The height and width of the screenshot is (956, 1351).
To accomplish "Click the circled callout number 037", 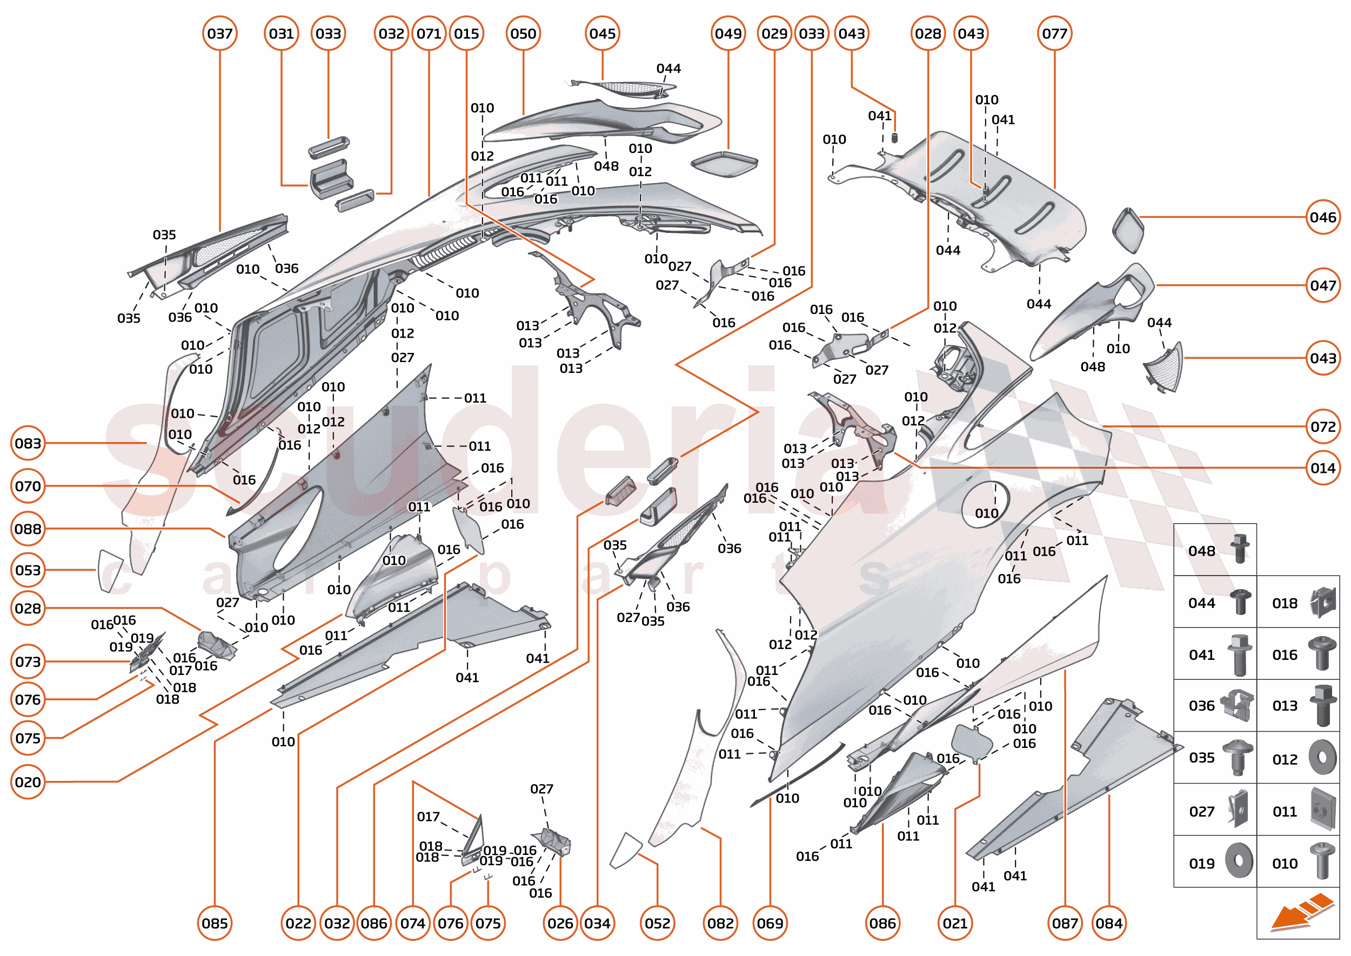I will point(219,34).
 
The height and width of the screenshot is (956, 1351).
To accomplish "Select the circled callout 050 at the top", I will point(523,34).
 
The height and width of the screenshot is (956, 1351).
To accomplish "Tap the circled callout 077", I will point(1054,34).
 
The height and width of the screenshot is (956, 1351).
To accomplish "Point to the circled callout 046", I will point(1322,217).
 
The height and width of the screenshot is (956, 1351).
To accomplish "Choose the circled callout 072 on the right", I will point(1322,426).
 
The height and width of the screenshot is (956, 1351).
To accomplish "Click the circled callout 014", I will point(1322,468).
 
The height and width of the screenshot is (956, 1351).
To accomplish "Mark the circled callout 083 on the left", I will point(28,443).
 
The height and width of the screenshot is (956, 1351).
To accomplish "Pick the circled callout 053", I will point(28,570).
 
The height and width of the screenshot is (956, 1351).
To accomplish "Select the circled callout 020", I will point(28,782).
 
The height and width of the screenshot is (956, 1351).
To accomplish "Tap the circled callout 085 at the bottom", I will point(215,923).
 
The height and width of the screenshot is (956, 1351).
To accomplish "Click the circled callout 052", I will point(657,923).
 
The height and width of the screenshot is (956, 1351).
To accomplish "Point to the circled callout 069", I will point(770,923).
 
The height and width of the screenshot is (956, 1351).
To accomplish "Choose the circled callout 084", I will point(1108,923).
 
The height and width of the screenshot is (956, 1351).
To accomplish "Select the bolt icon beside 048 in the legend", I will point(1240,548).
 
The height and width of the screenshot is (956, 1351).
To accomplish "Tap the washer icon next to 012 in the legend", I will point(1322,757).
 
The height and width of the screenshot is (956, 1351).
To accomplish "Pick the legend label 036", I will point(1201,705).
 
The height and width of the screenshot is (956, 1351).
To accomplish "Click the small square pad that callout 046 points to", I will point(1128,230).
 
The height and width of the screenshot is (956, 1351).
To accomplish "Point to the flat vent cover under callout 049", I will point(724,162).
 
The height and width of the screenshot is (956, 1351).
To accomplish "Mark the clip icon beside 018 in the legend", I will point(1322,602).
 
